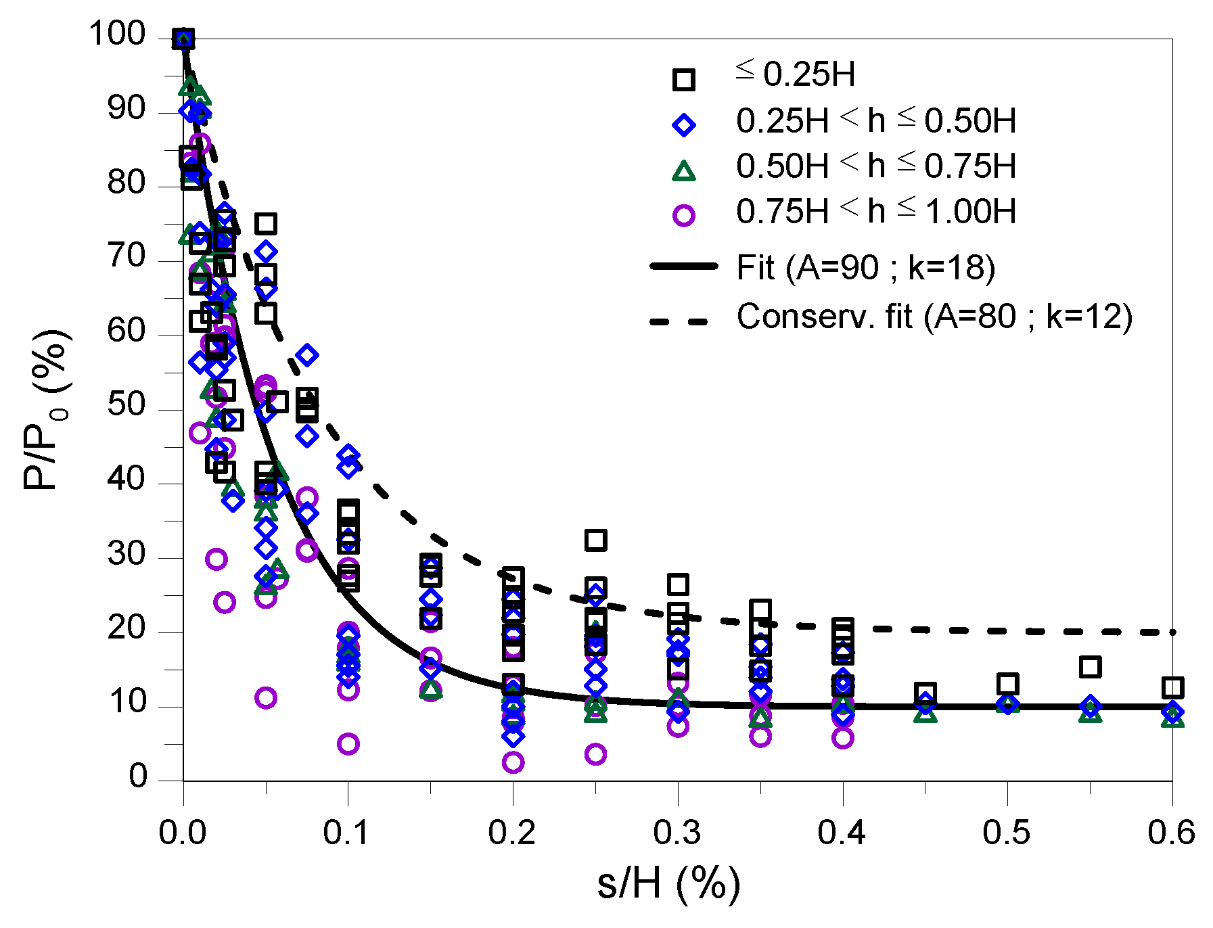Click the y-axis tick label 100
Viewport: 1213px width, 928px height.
point(117,34)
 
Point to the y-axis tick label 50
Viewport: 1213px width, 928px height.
point(127,405)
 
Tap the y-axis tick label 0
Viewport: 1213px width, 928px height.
point(137,776)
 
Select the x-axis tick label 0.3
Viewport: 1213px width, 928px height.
point(677,833)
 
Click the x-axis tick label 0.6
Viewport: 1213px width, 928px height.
point(1171,833)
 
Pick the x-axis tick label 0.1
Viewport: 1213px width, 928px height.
point(346,833)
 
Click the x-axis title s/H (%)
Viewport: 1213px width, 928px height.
point(668,883)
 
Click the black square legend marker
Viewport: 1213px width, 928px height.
point(683,80)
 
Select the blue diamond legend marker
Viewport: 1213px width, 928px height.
point(683,125)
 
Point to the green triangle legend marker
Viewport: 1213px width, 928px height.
point(683,171)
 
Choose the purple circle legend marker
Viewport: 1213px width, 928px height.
point(683,216)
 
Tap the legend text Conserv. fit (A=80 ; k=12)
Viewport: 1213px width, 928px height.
point(934,317)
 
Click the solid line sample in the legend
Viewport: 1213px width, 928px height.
point(683,266)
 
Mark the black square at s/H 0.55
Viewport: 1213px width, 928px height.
point(1090,667)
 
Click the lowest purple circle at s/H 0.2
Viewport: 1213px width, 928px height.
point(513,762)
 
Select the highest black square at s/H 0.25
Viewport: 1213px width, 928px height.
point(595,540)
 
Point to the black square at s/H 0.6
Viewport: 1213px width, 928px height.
point(1172,688)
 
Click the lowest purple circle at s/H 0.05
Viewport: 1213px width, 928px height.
point(266,697)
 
